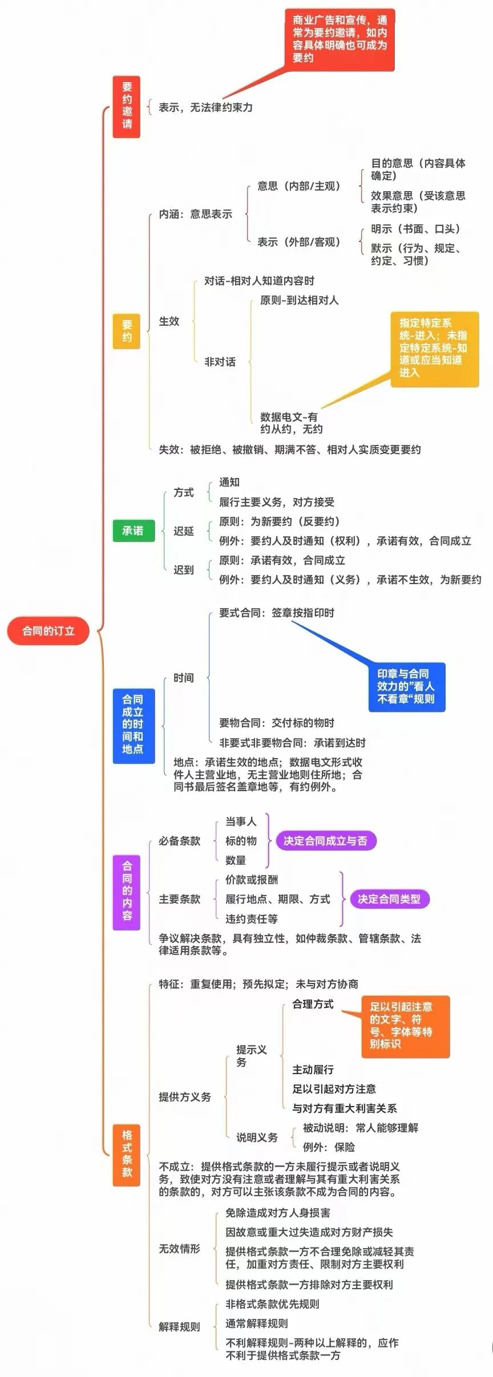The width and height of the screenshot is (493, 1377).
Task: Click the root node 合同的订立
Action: click(x=49, y=631)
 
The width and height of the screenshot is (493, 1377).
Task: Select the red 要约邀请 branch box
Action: click(x=127, y=106)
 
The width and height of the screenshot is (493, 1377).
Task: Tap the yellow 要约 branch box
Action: click(x=127, y=331)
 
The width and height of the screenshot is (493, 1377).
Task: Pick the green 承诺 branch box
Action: click(x=133, y=530)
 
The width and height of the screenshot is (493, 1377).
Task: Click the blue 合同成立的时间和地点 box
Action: click(x=133, y=724)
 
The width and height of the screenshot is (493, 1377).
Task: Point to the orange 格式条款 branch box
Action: click(x=127, y=1153)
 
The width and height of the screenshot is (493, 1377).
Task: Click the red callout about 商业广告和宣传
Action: click(x=340, y=39)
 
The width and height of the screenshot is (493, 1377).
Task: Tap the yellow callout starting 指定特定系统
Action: click(x=434, y=348)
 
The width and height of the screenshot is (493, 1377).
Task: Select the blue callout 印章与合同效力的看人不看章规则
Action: click(x=406, y=686)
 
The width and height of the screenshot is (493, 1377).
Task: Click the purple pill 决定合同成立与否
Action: click(x=326, y=841)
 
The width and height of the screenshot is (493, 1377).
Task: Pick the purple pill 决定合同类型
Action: click(x=389, y=899)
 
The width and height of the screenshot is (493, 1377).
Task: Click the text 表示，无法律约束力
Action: click(x=205, y=107)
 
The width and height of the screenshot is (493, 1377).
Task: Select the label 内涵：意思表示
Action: click(x=196, y=214)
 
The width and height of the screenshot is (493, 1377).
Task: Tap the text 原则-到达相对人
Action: click(x=299, y=300)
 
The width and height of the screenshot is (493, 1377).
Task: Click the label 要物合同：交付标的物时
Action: click(x=277, y=723)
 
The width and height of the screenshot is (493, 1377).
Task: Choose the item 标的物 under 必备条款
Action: click(x=241, y=841)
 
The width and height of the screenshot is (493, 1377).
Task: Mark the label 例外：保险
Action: click(x=329, y=1147)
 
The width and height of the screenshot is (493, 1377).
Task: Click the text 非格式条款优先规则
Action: click(x=272, y=1304)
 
